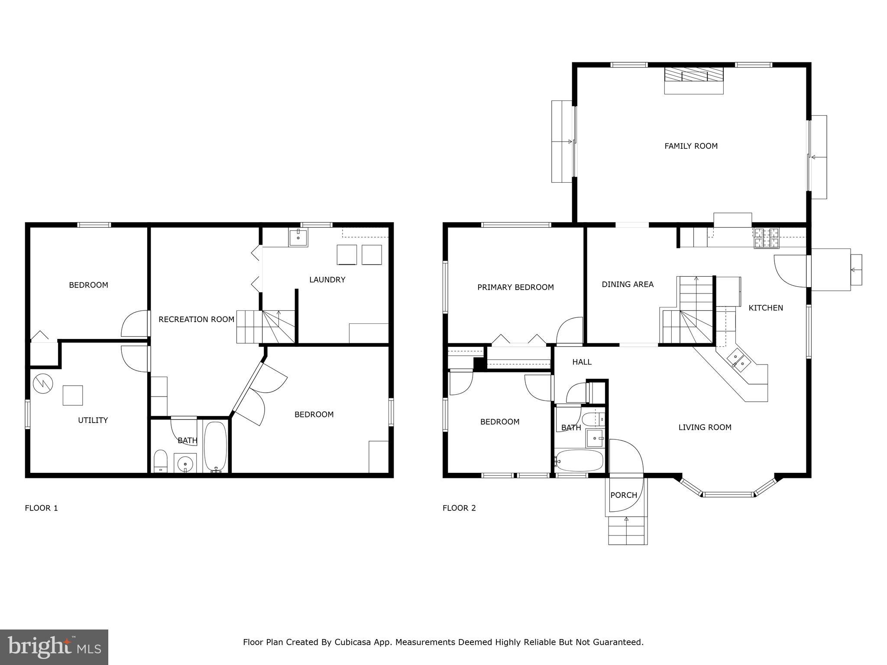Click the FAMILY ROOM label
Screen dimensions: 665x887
(x=691, y=146)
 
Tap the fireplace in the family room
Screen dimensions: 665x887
(x=694, y=81)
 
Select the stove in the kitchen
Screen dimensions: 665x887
(x=766, y=238)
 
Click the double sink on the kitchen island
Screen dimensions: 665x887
(x=738, y=360)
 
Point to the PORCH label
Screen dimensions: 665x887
(x=623, y=495)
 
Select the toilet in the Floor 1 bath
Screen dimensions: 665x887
(x=161, y=461)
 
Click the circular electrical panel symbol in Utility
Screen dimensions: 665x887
(x=43, y=383)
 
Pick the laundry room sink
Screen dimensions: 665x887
(x=298, y=238)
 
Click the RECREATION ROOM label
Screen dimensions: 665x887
(x=196, y=320)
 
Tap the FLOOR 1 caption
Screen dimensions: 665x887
(x=41, y=508)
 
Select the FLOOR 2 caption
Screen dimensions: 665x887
(x=459, y=508)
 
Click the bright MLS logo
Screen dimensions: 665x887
(x=54, y=647)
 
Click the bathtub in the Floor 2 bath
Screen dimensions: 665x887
(x=579, y=461)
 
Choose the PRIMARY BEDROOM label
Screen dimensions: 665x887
(x=515, y=287)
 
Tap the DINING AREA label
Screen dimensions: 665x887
(x=628, y=284)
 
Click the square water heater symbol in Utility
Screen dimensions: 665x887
(x=73, y=395)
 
